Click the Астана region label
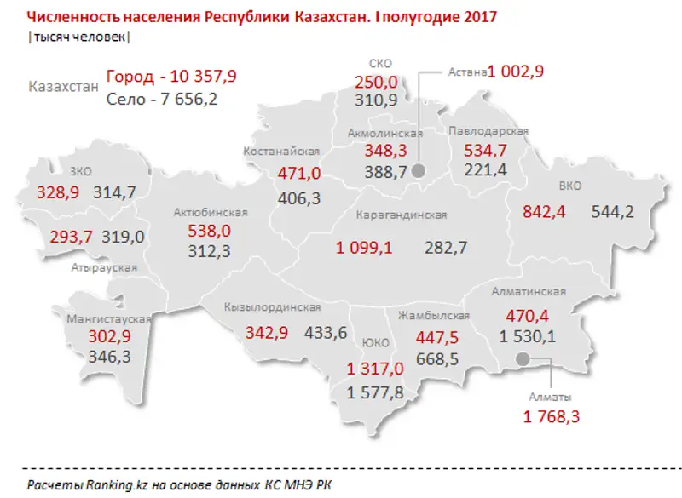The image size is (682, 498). pos(467,72)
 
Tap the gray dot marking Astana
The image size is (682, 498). pos(419,171)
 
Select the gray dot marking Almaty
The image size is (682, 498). pos(523,360)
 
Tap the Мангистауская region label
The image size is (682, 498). pos(108,318)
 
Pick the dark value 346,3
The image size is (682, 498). pos(109,356)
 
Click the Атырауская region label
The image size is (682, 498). pos(105,267)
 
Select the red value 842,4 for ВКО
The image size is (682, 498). pos(536,212)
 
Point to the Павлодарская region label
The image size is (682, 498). pos(488,131)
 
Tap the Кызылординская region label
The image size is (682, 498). pos(272,307)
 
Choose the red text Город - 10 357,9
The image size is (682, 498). pos(171,77)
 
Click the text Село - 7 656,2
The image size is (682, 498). pos(162,99)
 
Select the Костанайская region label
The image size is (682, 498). pos(281,152)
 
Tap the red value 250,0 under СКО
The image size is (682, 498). pos(376,82)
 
